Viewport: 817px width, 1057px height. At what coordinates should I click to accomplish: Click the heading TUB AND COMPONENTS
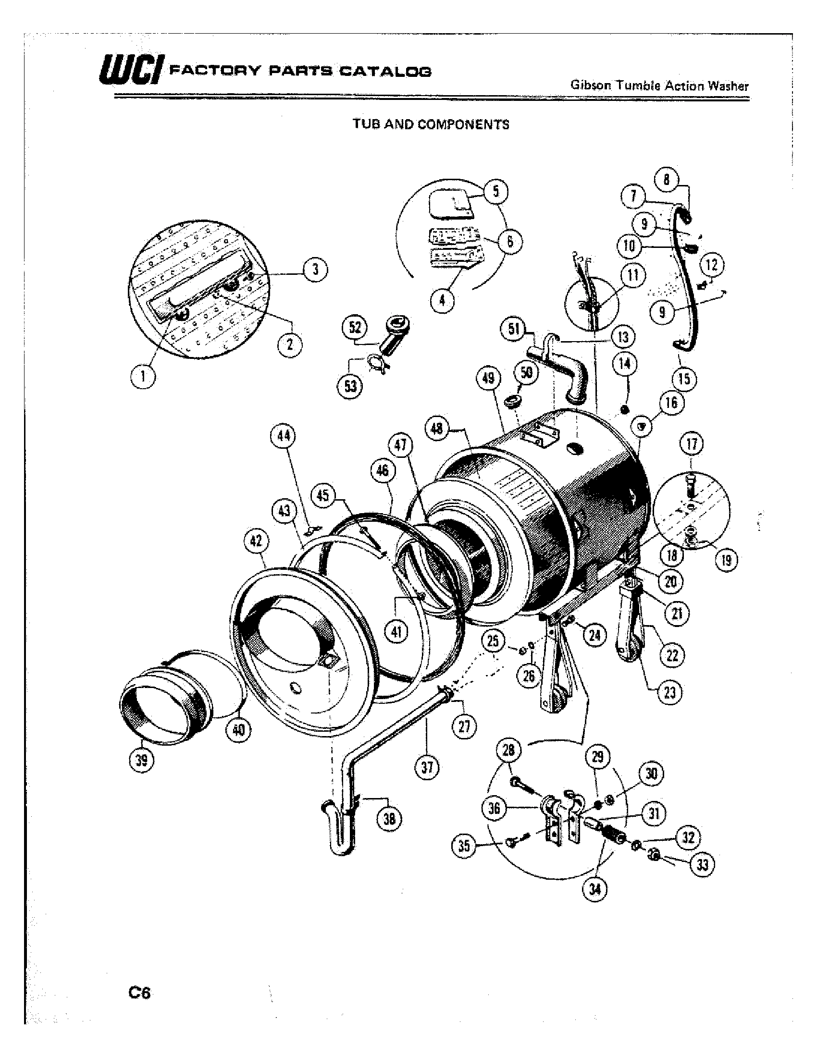click(x=431, y=125)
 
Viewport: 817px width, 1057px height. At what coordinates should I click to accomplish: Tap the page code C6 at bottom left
click(x=139, y=993)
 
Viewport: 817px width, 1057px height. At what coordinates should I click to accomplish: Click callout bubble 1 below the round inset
click(x=143, y=377)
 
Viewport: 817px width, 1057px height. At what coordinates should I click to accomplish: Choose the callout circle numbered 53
click(x=350, y=386)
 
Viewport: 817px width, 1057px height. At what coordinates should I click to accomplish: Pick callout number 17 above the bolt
click(x=692, y=444)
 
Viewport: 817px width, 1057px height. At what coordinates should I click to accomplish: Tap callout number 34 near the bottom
click(x=595, y=889)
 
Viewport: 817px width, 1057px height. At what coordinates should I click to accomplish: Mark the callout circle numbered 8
click(x=667, y=180)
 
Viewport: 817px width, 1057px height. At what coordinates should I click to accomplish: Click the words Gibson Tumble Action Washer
click(x=660, y=86)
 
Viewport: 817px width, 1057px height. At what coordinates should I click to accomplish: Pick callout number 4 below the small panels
click(x=442, y=301)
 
